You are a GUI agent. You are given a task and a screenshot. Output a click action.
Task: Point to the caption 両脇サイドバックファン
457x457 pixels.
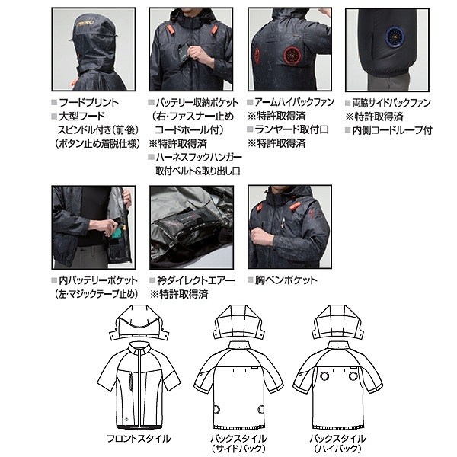(x=393, y=102)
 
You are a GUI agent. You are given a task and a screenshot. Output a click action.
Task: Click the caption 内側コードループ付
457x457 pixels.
(x=393, y=130)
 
